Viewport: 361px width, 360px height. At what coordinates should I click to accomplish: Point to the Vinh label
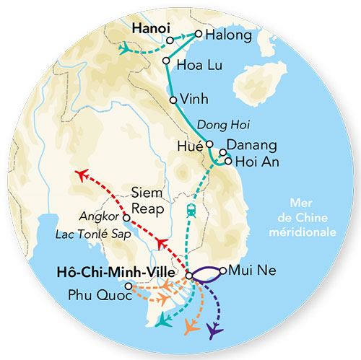(x=196, y=100)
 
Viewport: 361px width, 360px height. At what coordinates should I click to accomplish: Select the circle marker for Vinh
(x=173, y=100)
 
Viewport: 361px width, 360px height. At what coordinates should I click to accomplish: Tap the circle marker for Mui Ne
(x=223, y=271)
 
